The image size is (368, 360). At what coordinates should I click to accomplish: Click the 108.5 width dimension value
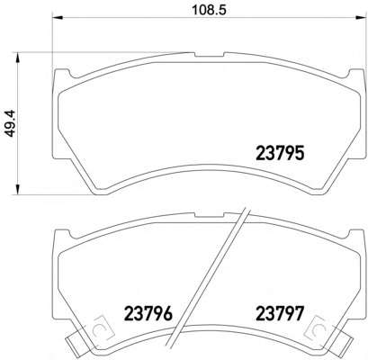(209, 10)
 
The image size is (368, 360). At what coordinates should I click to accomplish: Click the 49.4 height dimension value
(10, 123)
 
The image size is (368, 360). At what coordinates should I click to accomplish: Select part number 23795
(280, 153)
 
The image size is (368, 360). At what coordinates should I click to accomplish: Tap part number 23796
(148, 313)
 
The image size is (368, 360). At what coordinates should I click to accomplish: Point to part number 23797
(280, 313)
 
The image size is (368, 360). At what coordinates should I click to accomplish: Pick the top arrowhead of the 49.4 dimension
(18, 58)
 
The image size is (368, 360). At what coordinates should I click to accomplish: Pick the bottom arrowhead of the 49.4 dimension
(18, 190)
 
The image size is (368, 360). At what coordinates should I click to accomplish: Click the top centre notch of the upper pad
(210, 55)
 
